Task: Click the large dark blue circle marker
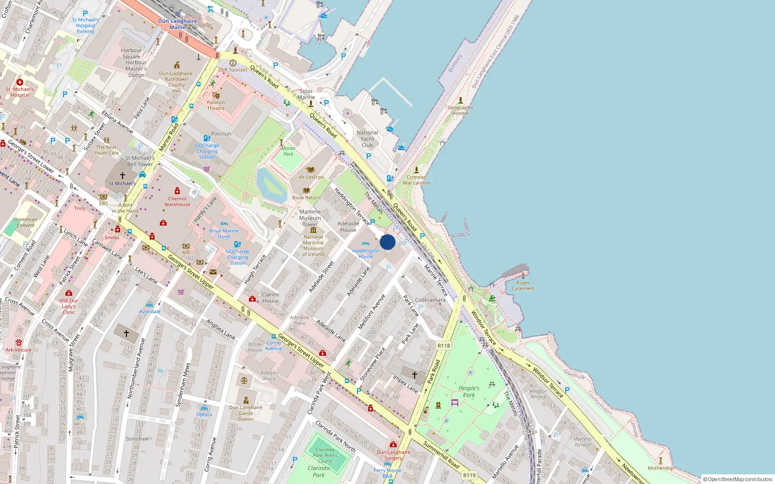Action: (x=387, y=242)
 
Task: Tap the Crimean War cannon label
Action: (x=416, y=180)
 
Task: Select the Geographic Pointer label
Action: (x=460, y=110)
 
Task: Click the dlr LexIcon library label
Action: (x=311, y=177)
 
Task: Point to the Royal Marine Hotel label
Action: (x=224, y=234)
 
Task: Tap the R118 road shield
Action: (x=444, y=346)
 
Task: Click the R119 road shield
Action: (x=469, y=475)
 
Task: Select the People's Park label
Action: (x=469, y=392)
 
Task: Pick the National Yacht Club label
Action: (x=367, y=139)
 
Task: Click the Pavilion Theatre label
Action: (x=216, y=105)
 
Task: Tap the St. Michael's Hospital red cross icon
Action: (x=20, y=82)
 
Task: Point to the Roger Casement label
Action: (x=523, y=286)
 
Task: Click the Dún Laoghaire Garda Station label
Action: (x=246, y=413)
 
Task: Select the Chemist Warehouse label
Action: (x=177, y=201)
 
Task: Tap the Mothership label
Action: (x=661, y=468)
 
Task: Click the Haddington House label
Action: (x=366, y=254)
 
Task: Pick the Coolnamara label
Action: (x=430, y=300)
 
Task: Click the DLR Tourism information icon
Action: (x=233, y=63)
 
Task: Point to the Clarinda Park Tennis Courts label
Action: (x=325, y=455)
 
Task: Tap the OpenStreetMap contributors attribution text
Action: (x=737, y=479)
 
